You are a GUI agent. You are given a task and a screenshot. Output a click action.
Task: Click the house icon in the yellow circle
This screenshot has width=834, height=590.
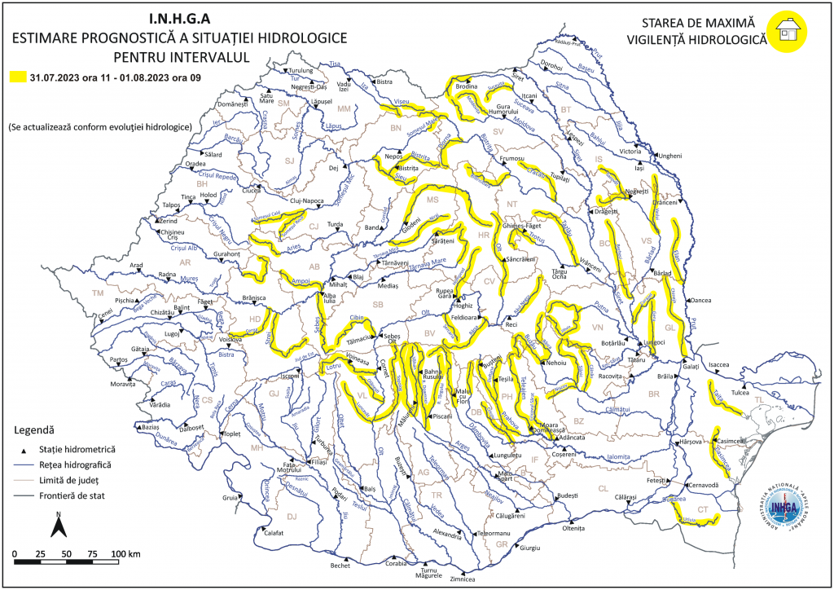pyautogui.click(x=790, y=31)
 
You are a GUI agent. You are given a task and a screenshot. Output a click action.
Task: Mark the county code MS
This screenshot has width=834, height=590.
pyautogui.click(x=433, y=200)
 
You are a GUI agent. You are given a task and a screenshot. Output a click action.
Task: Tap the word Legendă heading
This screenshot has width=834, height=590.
pyautogui.click(x=34, y=429)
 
